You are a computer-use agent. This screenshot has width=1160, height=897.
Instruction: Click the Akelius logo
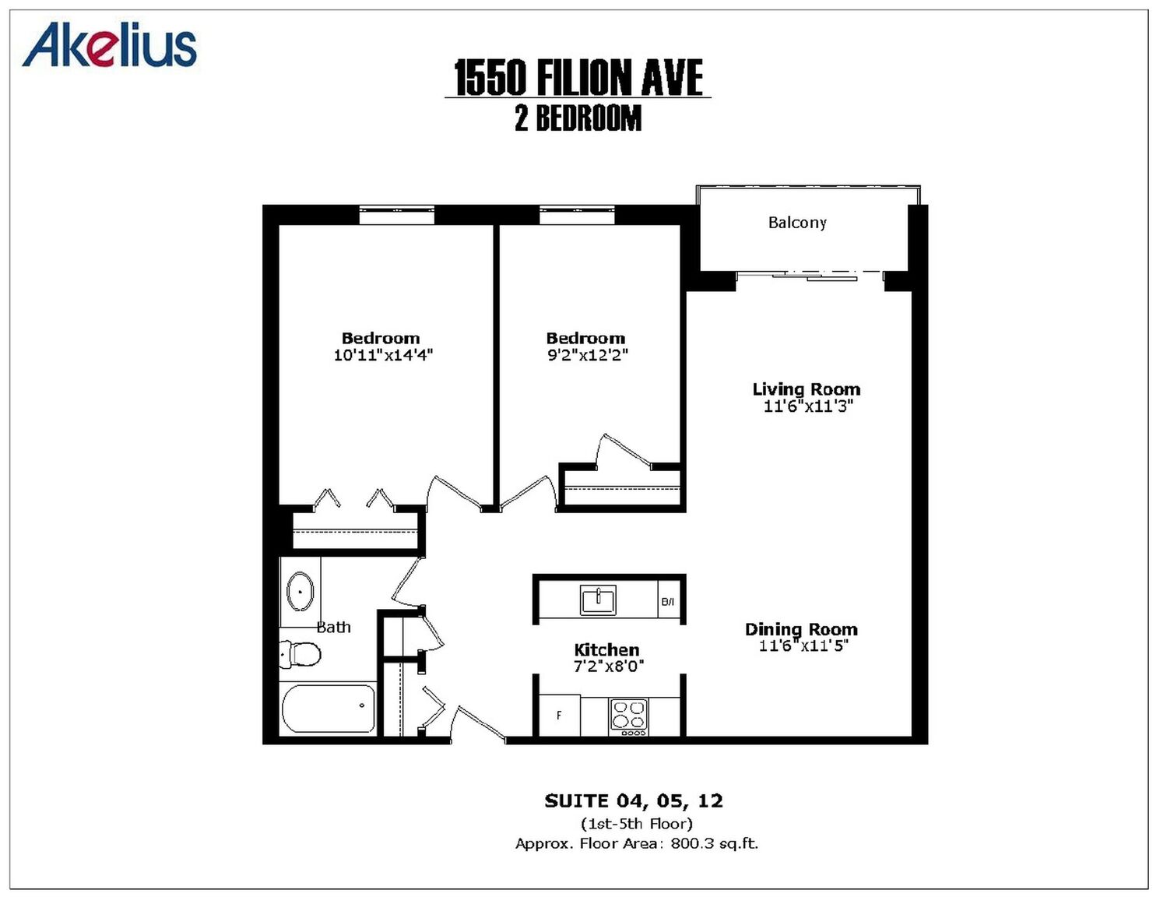tap(110, 45)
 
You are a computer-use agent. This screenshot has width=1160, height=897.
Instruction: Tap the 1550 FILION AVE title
tap(578, 78)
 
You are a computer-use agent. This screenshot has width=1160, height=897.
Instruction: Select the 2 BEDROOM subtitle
tap(578, 118)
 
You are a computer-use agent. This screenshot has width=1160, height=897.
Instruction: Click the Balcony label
tap(797, 222)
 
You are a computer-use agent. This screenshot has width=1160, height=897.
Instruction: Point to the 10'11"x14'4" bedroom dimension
tap(383, 355)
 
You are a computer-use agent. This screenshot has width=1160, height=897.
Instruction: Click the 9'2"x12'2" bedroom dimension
tap(587, 355)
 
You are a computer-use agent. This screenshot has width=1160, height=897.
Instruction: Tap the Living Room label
tap(806, 389)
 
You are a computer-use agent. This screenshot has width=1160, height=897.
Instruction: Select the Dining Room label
tap(801, 629)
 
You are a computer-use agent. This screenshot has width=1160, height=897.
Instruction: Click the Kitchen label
tap(606, 650)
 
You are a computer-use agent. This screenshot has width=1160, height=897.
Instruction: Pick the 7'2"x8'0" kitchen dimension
tap(609, 667)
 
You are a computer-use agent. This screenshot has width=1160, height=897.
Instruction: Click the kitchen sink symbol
tap(598, 600)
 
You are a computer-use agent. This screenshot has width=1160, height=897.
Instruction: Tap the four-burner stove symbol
tap(629, 717)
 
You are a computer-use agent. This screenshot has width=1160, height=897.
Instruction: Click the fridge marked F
tap(559, 716)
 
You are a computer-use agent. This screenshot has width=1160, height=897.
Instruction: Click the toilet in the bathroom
tap(300, 653)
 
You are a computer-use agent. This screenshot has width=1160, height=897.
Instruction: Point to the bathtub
tap(329, 708)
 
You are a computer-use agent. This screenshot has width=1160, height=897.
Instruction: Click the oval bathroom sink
tap(300, 591)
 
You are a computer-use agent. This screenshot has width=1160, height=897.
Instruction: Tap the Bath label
tap(334, 627)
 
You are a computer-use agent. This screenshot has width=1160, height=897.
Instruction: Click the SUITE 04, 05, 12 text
tap(634, 801)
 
